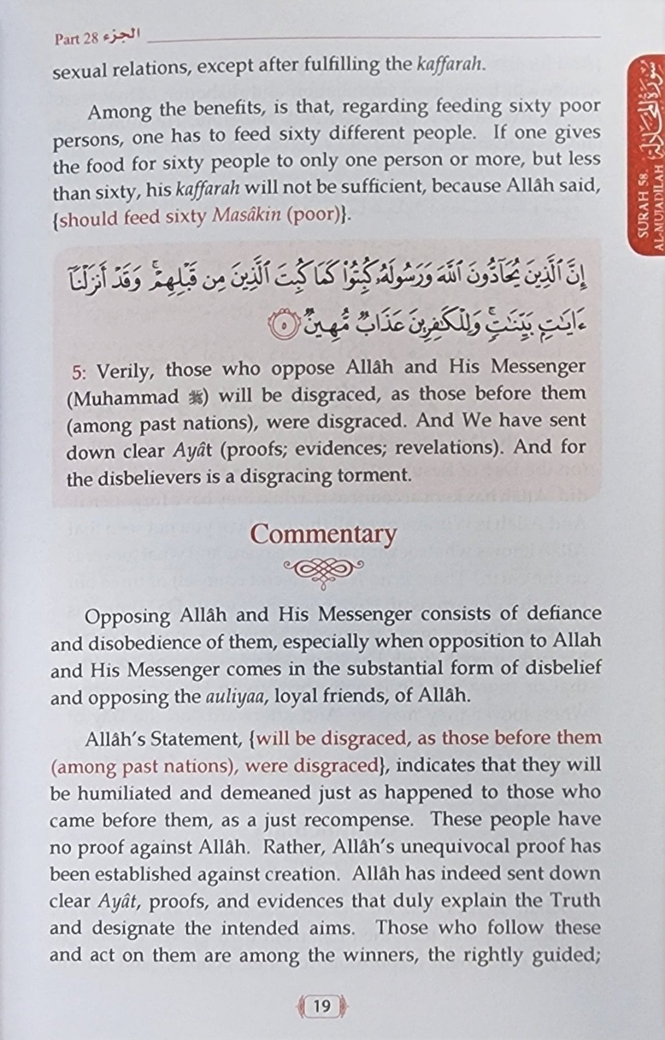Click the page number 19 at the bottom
pyautogui.click(x=322, y=1005)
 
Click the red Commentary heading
pyautogui.click(x=323, y=534)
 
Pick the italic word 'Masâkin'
pyautogui.click(x=247, y=215)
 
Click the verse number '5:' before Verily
pyautogui.click(x=80, y=372)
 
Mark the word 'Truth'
pyautogui.click(x=575, y=900)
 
